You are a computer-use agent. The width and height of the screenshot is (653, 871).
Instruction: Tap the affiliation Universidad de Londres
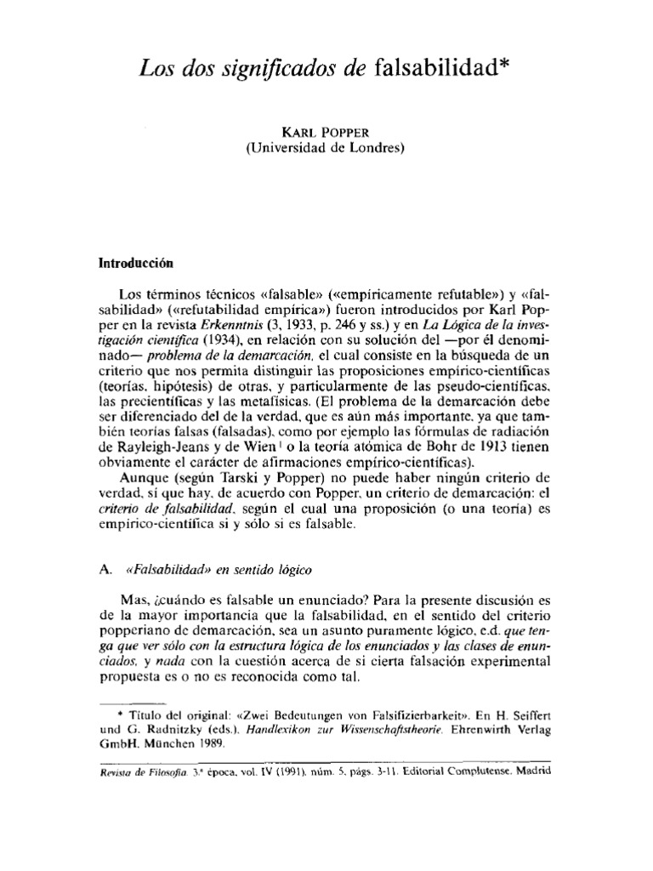(326, 148)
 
